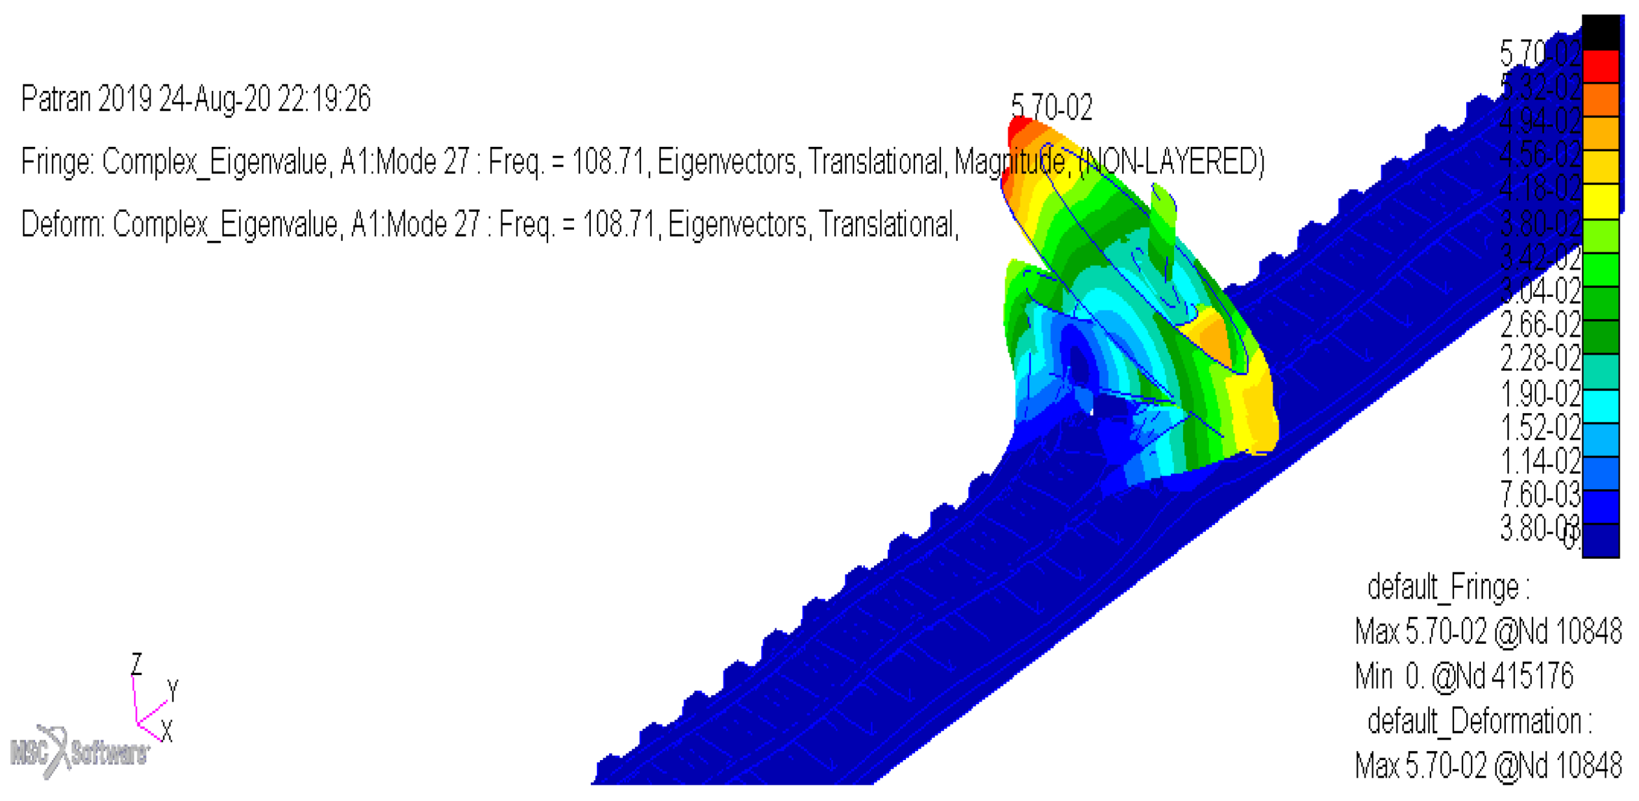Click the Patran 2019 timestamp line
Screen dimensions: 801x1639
pyautogui.click(x=195, y=99)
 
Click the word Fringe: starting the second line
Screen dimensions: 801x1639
pyautogui.click(x=57, y=161)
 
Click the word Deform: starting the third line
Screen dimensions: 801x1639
pyautogui.click(x=62, y=224)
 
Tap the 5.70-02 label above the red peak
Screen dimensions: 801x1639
pyautogui.click(x=1051, y=107)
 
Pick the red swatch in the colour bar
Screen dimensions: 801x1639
pyautogui.click(x=1601, y=66)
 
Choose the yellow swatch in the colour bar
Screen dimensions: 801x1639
pyautogui.click(x=1601, y=201)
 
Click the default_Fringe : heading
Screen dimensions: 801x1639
pyautogui.click(x=1448, y=587)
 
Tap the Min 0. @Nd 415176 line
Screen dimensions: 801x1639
pyautogui.click(x=1464, y=676)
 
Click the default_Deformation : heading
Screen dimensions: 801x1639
pyautogui.click(x=1479, y=721)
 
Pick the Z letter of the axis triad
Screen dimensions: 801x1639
pyautogui.click(x=136, y=664)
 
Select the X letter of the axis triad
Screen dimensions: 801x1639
pyautogui.click(x=167, y=732)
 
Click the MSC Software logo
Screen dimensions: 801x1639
pyautogui.click(x=78, y=752)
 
